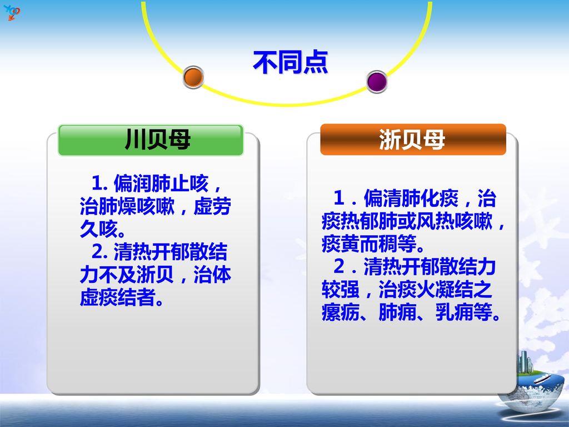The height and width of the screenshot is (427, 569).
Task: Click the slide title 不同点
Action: point(290,62)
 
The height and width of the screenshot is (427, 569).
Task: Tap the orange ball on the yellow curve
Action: point(193,77)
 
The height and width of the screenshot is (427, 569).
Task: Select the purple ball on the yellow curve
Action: point(377,81)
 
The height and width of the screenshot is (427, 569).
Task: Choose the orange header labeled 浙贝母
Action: point(412,140)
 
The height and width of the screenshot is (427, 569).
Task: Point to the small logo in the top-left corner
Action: point(12,11)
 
